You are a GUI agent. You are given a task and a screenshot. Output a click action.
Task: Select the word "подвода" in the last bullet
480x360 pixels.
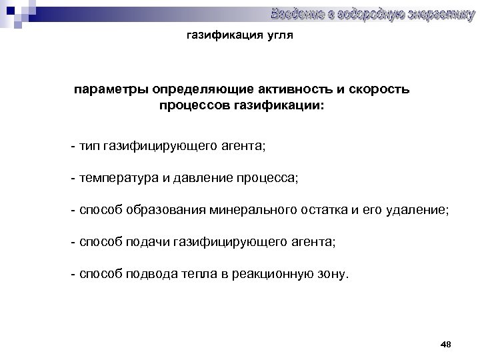coord(151,275)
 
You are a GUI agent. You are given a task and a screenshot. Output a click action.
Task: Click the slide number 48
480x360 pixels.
coord(446,344)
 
